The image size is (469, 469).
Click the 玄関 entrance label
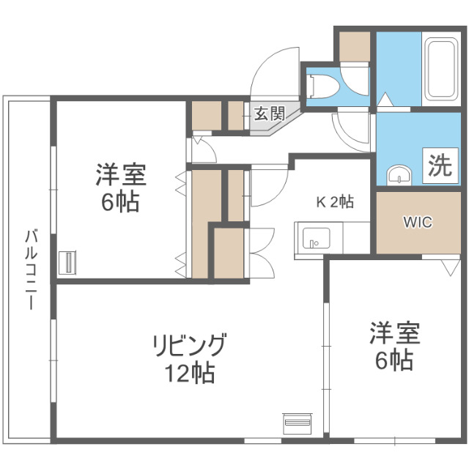[x=269, y=114]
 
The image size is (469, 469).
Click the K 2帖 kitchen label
[x=335, y=201]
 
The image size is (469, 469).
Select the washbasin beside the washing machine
[x=399, y=174]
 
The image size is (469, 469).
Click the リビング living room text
[x=189, y=344]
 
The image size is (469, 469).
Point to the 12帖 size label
[x=189, y=374]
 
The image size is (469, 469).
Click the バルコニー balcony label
[x=31, y=269]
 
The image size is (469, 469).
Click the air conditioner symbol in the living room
[x=297, y=424]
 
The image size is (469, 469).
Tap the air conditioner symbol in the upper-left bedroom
[x=67, y=262]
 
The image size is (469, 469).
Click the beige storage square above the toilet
[x=355, y=45]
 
